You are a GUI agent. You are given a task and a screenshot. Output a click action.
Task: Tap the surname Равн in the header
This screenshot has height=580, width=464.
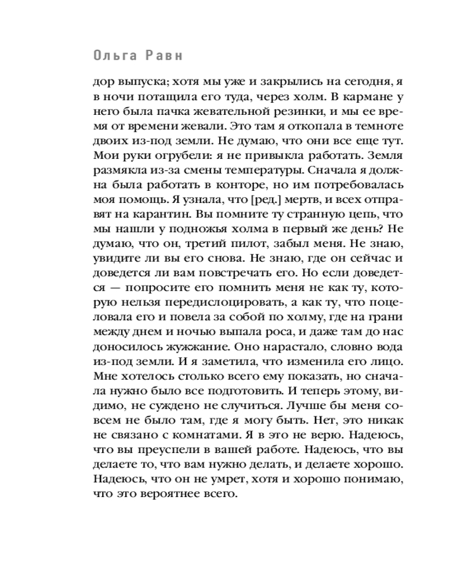coord(167,57)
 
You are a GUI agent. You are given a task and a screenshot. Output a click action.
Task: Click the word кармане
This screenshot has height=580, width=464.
coord(367,95)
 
